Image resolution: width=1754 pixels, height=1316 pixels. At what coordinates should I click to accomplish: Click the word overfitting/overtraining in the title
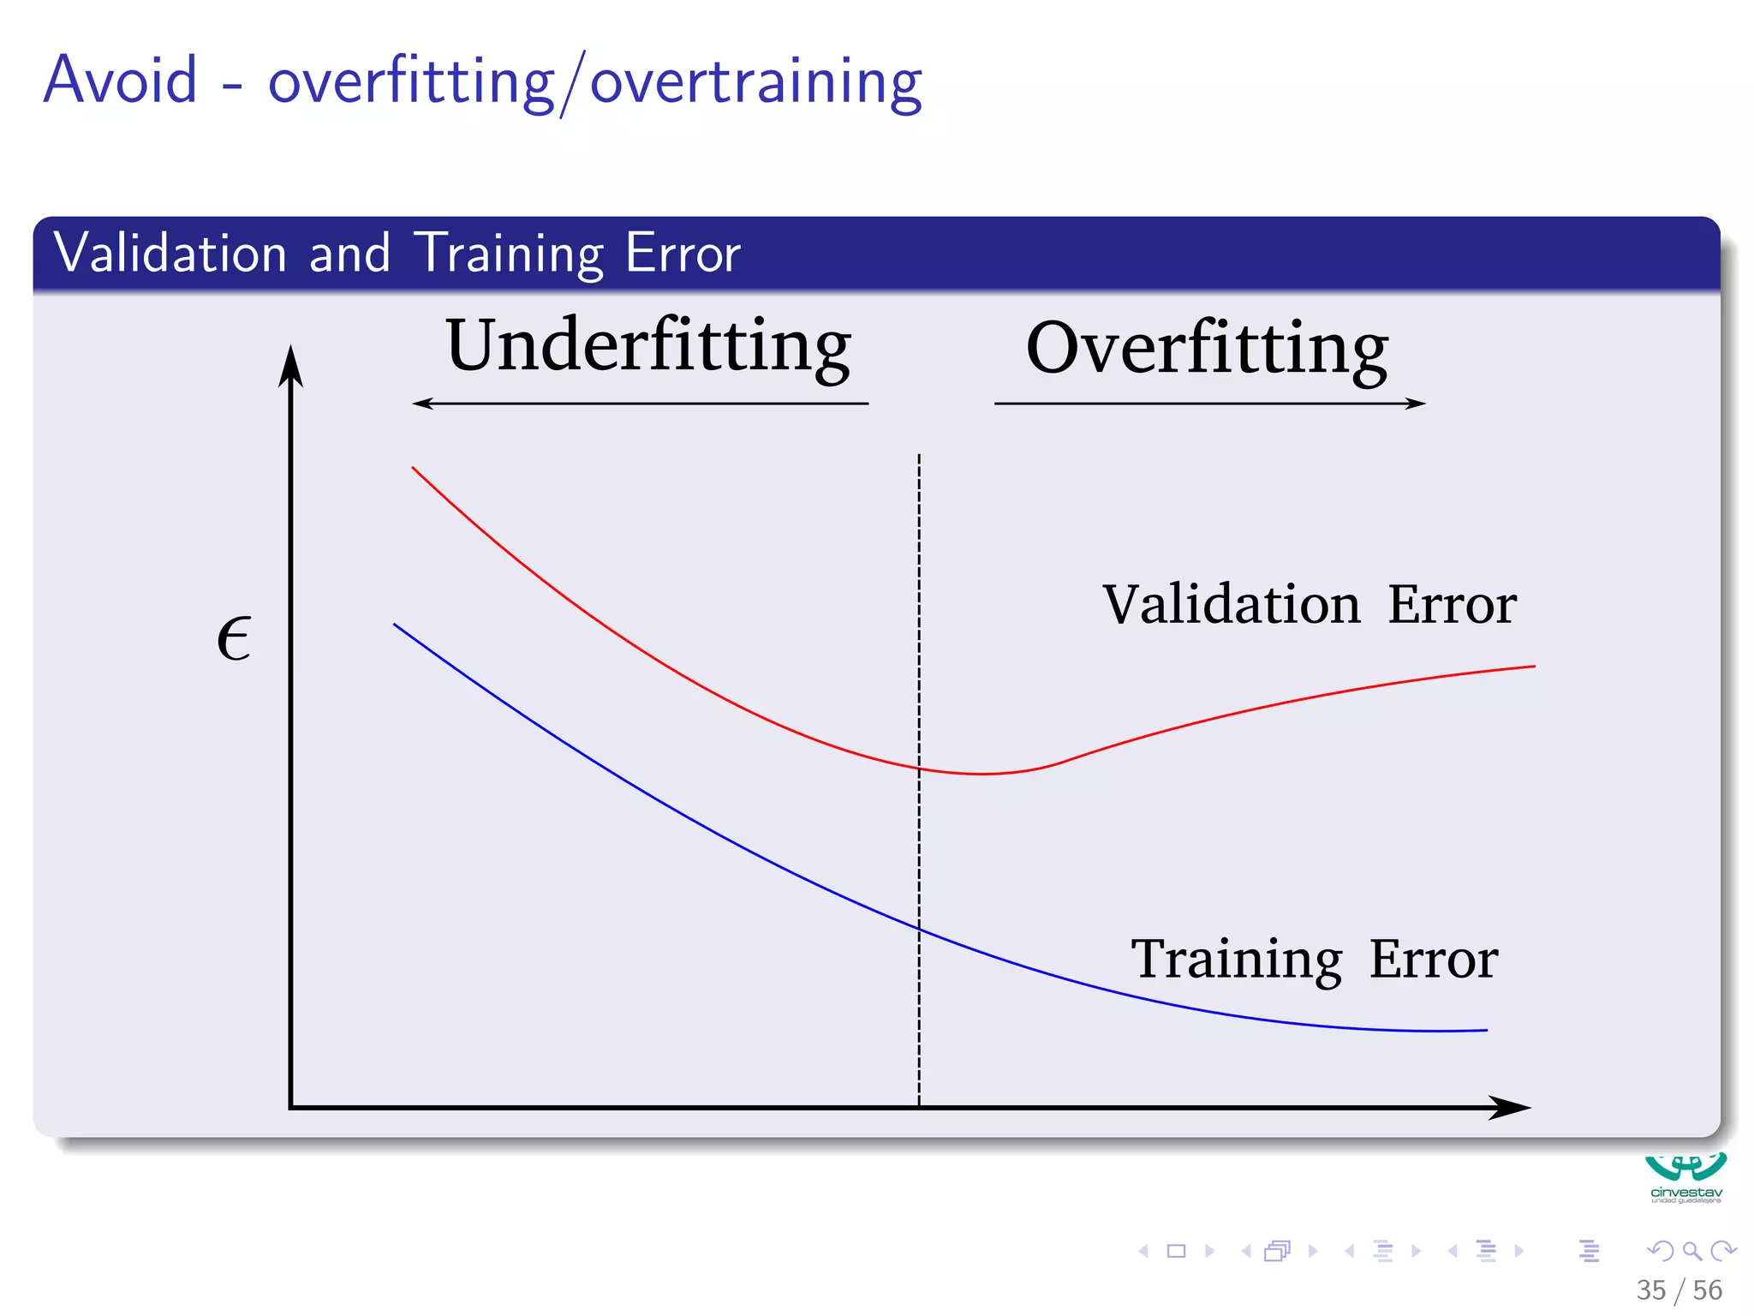pos(595,83)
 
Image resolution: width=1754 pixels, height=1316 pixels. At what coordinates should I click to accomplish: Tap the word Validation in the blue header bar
pos(170,254)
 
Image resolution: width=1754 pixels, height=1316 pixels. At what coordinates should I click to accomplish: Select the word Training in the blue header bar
pos(509,254)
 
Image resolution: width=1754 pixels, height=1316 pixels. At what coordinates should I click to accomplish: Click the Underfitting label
pos(648,346)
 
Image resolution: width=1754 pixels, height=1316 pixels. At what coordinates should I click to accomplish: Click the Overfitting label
pos(1207,349)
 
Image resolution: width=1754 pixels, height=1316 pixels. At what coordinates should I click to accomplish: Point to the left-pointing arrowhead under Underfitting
pos(422,404)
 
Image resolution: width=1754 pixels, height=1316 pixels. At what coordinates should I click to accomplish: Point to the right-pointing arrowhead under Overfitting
pos(1416,404)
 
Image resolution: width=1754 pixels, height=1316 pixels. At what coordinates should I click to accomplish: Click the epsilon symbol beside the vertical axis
pos(234,639)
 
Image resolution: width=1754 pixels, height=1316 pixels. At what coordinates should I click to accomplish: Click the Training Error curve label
pos(1314,959)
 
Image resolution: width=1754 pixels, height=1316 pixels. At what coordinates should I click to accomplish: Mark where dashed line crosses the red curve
pos(920,769)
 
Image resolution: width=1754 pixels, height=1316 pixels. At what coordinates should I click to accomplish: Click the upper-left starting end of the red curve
pos(414,469)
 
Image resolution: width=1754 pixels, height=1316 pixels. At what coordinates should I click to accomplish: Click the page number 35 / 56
pos(1679,1290)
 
